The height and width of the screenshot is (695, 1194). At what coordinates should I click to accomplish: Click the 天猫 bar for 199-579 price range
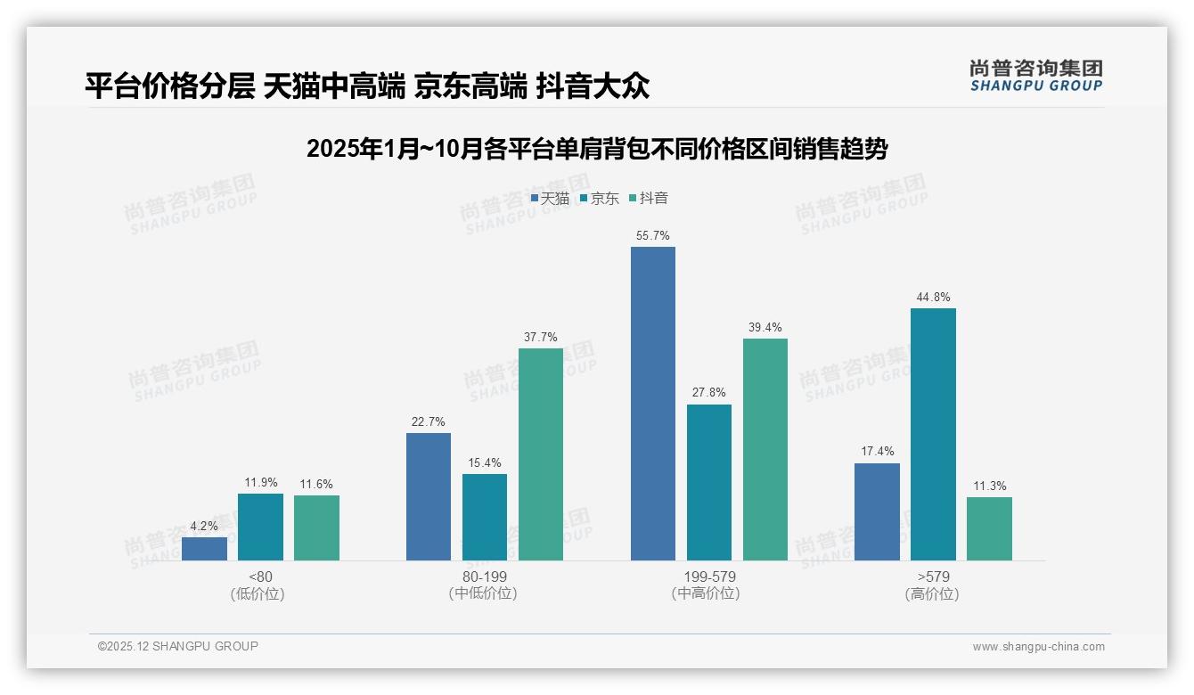[x=652, y=404]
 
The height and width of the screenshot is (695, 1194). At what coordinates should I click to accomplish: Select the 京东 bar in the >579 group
[x=933, y=434]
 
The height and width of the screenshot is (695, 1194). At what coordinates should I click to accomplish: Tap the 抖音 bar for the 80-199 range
[x=541, y=454]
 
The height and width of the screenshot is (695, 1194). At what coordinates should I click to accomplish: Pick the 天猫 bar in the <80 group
[x=204, y=549]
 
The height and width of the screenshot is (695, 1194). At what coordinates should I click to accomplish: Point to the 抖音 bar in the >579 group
[x=989, y=528]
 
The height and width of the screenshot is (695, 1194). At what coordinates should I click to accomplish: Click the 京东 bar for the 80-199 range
[x=485, y=517]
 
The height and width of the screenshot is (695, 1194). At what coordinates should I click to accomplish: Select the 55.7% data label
[x=652, y=236]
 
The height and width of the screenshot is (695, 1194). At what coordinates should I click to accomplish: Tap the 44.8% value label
[x=933, y=298]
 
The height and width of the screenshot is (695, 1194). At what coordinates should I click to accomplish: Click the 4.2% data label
[x=204, y=527]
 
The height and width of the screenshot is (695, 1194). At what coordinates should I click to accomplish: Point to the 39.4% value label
[x=765, y=328]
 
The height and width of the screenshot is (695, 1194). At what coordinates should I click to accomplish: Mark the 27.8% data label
[x=708, y=393]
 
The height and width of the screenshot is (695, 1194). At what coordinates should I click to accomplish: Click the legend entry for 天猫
[x=550, y=199]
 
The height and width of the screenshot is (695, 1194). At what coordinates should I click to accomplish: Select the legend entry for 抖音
[x=649, y=199]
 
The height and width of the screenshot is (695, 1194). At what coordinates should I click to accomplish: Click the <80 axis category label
[x=260, y=577]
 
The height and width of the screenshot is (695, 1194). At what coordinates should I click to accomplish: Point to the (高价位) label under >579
[x=932, y=594]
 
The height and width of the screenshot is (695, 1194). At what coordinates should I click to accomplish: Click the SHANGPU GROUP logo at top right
[x=1035, y=76]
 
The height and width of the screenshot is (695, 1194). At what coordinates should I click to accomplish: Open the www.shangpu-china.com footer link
[x=1038, y=647]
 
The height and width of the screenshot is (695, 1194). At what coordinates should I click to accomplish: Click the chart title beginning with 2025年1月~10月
[x=596, y=149]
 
